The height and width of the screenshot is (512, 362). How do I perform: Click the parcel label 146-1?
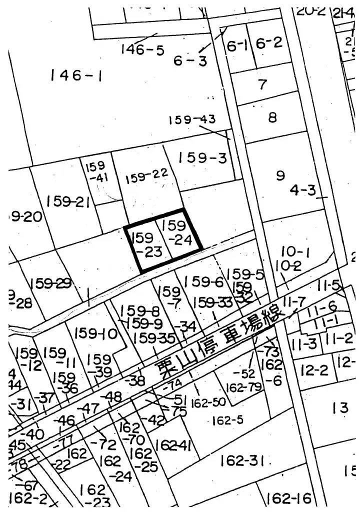pos(76,76)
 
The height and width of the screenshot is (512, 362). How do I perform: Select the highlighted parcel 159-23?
pos(145,243)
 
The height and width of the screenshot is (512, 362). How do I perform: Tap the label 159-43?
pos(192,120)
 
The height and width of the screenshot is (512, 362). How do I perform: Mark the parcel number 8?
pos(272,118)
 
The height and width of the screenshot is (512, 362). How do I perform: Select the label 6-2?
pos(269,43)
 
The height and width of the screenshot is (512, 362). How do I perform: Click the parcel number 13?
pos(339,407)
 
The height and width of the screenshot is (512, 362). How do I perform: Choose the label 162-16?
pos(289,498)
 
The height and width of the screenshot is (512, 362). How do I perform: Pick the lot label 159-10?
pos(95,333)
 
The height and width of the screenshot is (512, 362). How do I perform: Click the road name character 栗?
pos(164,371)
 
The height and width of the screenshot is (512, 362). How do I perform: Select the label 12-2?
pos(314,370)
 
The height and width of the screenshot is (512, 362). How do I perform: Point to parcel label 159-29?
pos(50,283)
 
